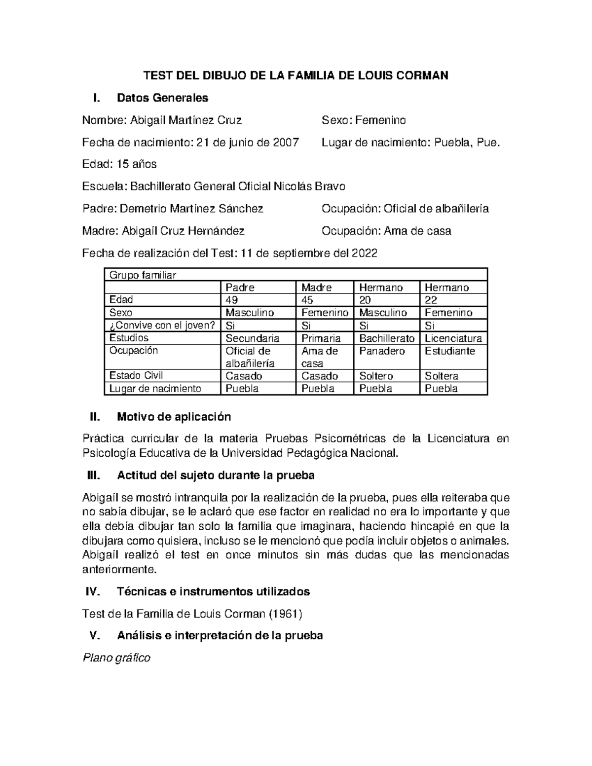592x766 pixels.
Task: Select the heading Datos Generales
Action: click(162, 98)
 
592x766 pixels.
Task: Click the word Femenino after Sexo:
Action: click(380, 120)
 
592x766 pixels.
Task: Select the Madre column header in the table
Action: click(316, 288)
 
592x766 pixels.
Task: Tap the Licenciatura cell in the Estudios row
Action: click(453, 338)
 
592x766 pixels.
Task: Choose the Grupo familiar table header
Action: click(143, 275)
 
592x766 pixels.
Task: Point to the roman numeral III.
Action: click(93, 476)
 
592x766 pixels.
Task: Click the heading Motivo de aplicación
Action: click(174, 417)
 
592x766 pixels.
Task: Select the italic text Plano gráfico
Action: click(116, 658)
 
